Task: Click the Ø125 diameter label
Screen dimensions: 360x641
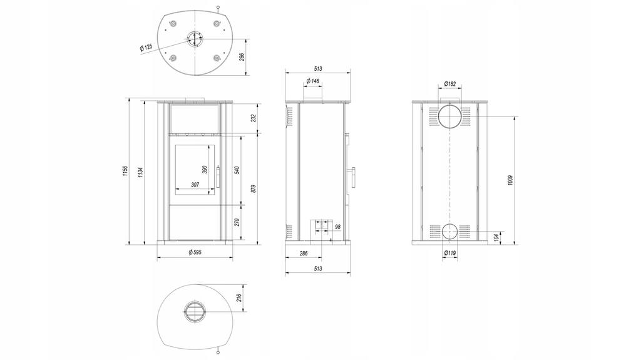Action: [146, 47]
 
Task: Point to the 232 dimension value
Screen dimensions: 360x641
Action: [252, 119]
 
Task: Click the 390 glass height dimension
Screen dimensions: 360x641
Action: [205, 170]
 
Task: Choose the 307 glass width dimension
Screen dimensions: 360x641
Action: [195, 184]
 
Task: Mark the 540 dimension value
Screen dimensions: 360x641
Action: [237, 170]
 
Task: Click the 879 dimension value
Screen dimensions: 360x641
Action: [253, 188]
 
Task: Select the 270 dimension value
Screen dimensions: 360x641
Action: [237, 222]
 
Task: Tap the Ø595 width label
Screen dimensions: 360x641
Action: [195, 252]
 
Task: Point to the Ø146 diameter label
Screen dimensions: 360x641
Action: [313, 82]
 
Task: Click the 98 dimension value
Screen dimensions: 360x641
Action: [337, 227]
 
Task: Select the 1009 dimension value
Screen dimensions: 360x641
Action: [511, 180]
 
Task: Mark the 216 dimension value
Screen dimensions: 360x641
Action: [238, 297]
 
